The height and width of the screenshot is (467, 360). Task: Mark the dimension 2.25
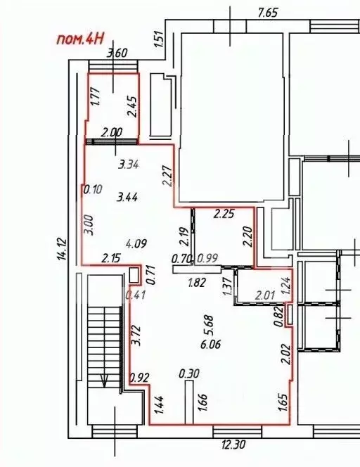coord(224,214)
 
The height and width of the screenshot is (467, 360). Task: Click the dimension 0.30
coord(188,373)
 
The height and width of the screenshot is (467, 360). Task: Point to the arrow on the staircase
coord(105,380)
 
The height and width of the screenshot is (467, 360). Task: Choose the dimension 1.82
coord(197,283)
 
